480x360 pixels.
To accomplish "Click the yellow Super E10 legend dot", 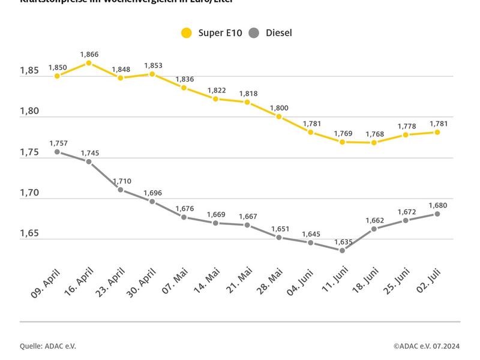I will coord(187,33).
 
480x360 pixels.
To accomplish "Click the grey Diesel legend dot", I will coord(254,33).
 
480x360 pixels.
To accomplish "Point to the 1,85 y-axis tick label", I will coord(29,71).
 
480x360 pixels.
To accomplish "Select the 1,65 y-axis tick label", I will coord(29,233).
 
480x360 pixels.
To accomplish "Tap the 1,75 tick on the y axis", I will coord(29,152).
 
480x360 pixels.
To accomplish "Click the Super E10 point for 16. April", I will coord(89,63).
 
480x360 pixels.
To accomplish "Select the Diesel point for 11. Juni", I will coord(342,250).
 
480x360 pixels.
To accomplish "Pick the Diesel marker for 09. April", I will coord(57,152).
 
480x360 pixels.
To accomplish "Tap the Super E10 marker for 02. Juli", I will coord(437,132).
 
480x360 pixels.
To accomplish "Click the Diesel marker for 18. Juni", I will coord(374,229).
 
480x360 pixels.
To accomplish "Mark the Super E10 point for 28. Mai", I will coord(279,116).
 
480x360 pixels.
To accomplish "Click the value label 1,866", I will coord(89,54).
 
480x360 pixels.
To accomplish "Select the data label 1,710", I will coord(121,181).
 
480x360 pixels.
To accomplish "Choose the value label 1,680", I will coord(437,205).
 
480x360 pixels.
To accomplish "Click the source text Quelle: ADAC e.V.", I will coord(48,346).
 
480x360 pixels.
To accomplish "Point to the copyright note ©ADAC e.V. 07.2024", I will coord(427,346).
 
